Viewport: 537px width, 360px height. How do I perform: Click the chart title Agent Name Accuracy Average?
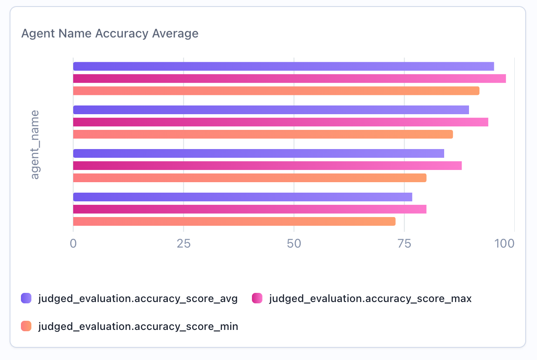[x=110, y=34]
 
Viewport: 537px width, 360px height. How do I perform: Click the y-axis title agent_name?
[x=35, y=144]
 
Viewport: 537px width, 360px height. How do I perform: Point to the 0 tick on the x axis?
[x=73, y=243]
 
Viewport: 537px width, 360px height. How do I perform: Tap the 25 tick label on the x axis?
[x=184, y=243]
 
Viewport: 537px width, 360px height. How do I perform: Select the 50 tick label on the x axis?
[x=294, y=243]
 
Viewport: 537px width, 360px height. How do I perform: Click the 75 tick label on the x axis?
[x=404, y=243]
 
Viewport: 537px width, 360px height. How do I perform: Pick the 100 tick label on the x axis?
[x=506, y=243]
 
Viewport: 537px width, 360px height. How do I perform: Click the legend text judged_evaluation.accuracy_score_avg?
[x=138, y=299]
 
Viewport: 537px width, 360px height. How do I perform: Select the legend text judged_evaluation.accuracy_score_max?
[x=370, y=299]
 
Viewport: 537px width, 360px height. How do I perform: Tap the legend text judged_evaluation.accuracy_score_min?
[x=138, y=326]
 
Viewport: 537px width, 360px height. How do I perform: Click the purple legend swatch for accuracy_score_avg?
[x=27, y=299]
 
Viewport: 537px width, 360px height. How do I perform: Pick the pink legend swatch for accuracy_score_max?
[x=258, y=299]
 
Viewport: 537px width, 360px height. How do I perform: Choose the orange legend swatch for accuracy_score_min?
[x=27, y=326]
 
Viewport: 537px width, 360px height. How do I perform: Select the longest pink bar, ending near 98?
[x=289, y=78]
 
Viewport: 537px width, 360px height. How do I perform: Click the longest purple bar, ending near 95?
[x=283, y=66]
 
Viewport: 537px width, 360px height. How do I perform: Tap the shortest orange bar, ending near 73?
[x=234, y=221]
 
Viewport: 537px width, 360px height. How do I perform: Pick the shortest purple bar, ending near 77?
[x=242, y=197]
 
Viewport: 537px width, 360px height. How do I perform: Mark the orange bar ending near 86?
[x=263, y=134]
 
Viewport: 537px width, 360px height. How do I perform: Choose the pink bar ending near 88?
[x=267, y=166]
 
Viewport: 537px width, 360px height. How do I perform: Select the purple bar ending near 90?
[x=271, y=110]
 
